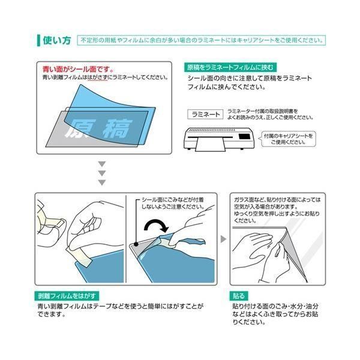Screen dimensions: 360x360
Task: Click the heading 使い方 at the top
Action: pos(57,40)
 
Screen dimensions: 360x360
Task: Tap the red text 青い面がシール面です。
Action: pos(78,69)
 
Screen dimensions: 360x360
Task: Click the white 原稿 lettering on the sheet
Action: pos(99,128)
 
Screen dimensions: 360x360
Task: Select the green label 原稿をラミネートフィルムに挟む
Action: pos(230,67)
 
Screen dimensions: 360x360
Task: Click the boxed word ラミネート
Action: pos(205,114)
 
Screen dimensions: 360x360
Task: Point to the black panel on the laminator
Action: pos(244,136)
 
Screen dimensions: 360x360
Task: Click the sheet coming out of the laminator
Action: pos(211,145)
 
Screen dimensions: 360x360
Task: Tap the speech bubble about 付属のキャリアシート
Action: pos(288,139)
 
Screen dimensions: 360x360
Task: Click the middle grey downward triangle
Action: pos(102,173)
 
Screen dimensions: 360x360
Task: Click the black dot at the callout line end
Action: pos(136,244)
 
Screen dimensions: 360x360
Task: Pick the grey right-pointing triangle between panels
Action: pos(223,239)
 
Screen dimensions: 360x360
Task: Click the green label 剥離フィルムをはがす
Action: pos(67,296)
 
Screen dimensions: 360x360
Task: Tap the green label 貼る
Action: pos(239,296)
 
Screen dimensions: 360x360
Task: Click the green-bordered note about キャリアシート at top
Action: pos(202,40)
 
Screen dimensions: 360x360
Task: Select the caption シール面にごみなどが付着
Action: pos(173,200)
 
